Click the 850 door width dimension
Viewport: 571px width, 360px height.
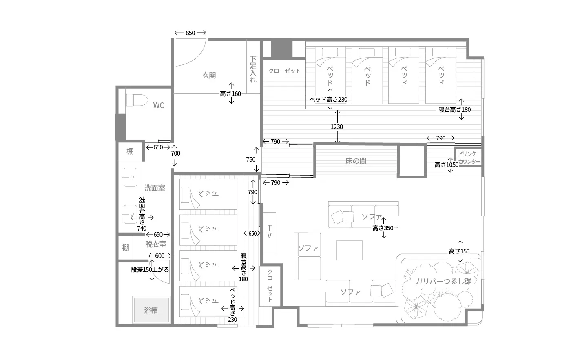[x=190, y=33]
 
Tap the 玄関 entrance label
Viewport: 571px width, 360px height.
[x=209, y=75]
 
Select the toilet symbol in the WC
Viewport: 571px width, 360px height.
[x=137, y=100]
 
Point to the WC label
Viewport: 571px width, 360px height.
[x=159, y=105]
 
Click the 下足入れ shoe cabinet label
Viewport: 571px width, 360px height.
[x=253, y=69]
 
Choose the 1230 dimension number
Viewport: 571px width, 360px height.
[x=337, y=127]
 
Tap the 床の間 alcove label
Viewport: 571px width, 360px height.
[x=356, y=161]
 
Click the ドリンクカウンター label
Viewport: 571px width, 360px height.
[x=469, y=158]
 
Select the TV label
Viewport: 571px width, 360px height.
[x=270, y=232]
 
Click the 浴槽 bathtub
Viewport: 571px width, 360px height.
[x=151, y=309]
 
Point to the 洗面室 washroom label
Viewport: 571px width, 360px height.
[x=155, y=188]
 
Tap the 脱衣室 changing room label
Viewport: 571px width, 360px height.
[x=155, y=244]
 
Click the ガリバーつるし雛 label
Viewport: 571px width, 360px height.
[x=443, y=281]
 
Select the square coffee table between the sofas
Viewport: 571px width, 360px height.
[x=350, y=250]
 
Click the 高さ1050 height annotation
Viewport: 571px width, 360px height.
[x=447, y=165]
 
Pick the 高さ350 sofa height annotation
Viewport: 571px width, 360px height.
[x=383, y=228]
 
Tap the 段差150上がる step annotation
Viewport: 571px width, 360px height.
[x=150, y=270]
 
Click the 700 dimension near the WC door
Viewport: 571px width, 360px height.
[x=175, y=153]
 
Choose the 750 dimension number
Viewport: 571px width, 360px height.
[x=251, y=160]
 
